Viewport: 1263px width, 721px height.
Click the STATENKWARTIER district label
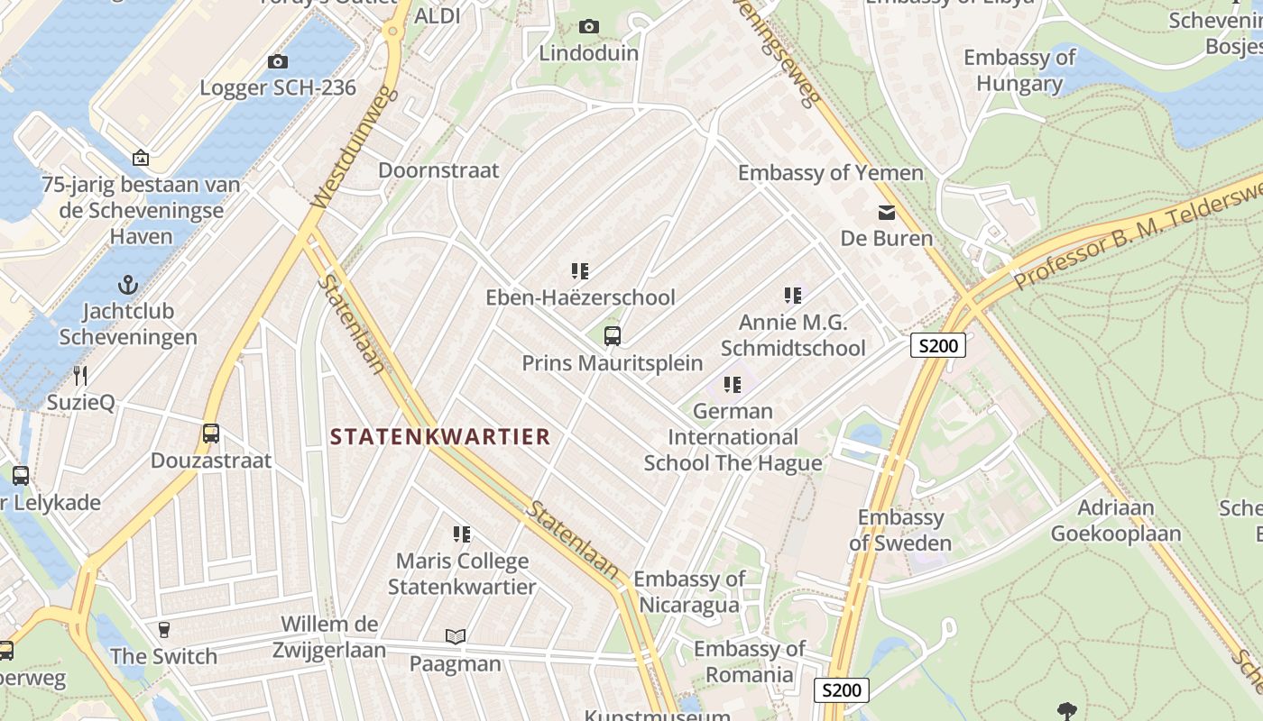(439, 437)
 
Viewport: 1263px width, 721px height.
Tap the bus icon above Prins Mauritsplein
(613, 336)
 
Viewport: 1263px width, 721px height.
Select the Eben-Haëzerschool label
(580, 297)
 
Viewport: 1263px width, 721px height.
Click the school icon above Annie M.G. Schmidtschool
(793, 295)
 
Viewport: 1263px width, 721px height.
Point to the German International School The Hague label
(733, 437)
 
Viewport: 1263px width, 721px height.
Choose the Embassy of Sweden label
(900, 530)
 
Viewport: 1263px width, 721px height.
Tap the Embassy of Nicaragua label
(689, 591)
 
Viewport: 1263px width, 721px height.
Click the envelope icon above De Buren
(886, 213)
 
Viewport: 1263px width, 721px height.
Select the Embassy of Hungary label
(1019, 70)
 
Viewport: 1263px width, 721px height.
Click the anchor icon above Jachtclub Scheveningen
(128, 286)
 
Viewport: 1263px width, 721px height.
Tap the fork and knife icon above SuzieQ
(80, 376)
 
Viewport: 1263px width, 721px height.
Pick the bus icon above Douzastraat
(211, 434)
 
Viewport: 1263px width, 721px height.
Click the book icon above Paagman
(456, 637)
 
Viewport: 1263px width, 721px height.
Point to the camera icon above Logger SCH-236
(278, 61)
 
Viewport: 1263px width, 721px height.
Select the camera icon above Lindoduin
(589, 27)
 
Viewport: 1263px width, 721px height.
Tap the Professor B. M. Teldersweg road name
(1137, 234)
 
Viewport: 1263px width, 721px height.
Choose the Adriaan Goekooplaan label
(1115, 520)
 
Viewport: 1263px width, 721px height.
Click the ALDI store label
(438, 15)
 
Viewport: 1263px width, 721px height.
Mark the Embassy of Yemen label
(830, 172)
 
